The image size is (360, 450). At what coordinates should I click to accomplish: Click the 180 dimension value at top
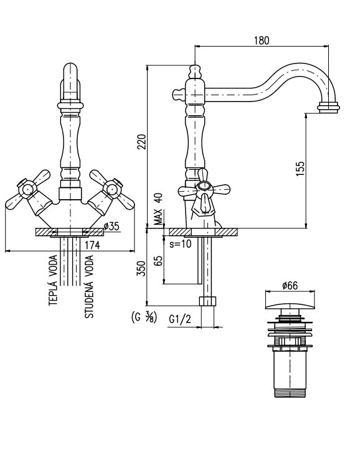point(262,40)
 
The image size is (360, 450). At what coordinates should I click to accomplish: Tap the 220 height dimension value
point(142,142)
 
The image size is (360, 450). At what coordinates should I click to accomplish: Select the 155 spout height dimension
point(300,169)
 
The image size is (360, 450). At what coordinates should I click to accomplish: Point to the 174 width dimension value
point(92,245)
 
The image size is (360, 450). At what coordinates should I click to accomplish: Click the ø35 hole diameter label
point(111,227)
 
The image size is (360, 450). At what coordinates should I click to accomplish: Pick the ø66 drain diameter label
point(290,286)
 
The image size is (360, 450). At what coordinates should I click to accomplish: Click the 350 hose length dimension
point(141,269)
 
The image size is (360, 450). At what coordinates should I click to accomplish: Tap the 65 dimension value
point(158,261)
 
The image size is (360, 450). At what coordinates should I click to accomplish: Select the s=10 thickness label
point(180,244)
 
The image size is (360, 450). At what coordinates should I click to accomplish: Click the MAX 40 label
point(158,209)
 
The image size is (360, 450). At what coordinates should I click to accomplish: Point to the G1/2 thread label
point(180,319)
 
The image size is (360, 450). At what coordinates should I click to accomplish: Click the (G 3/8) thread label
point(144,317)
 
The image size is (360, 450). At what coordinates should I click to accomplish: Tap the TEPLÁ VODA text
point(53,280)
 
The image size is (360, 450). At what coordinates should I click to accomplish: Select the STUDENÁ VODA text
point(89,286)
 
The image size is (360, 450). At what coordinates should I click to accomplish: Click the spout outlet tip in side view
point(328,108)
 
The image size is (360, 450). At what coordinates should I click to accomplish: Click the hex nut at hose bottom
point(207,301)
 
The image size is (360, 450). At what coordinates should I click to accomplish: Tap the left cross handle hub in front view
point(27,189)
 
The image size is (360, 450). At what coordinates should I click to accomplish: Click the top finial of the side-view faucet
point(195,72)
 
